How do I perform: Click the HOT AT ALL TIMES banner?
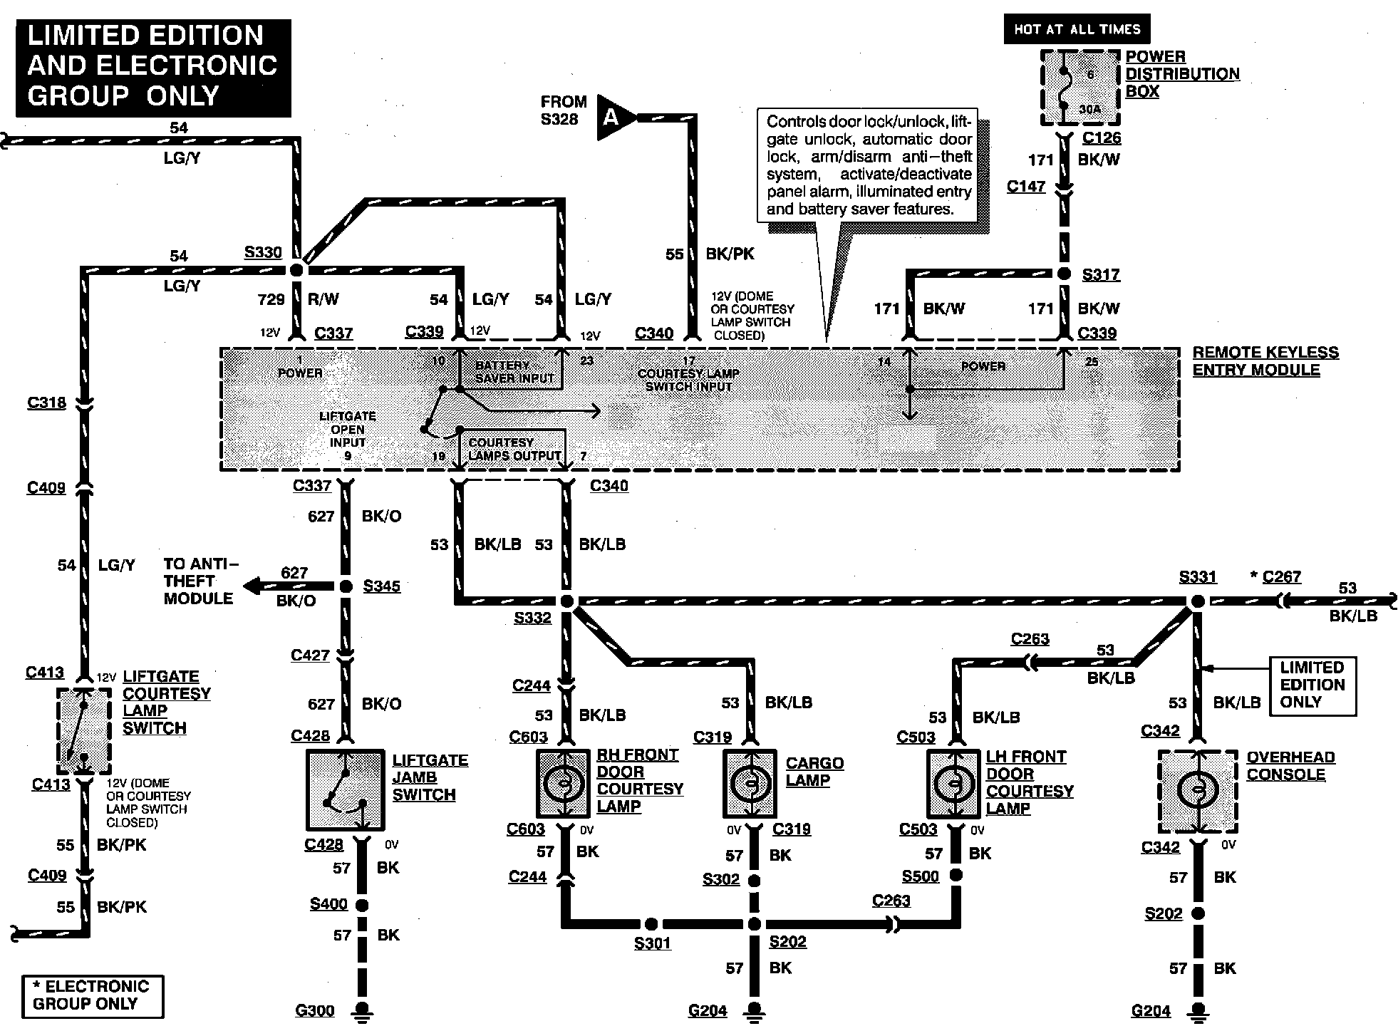pos(1077,29)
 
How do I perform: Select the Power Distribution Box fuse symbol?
pos(1079,88)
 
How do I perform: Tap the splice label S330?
pos(263,252)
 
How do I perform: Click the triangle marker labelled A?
pos(614,116)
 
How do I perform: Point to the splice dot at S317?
pos(1064,274)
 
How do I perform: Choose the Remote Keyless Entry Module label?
pos(1265,361)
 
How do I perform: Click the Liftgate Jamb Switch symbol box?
pos(345,789)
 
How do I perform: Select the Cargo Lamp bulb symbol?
pos(750,783)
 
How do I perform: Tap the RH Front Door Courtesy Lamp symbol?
pos(563,782)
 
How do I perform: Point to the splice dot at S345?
pos(346,586)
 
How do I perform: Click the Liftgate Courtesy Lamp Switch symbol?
pos(83,730)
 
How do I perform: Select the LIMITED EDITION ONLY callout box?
pos(1312,685)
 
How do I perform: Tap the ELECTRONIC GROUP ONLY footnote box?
pos(92,995)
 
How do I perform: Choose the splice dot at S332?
pos(567,601)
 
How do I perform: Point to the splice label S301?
pos(652,943)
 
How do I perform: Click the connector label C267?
pos(1281,576)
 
